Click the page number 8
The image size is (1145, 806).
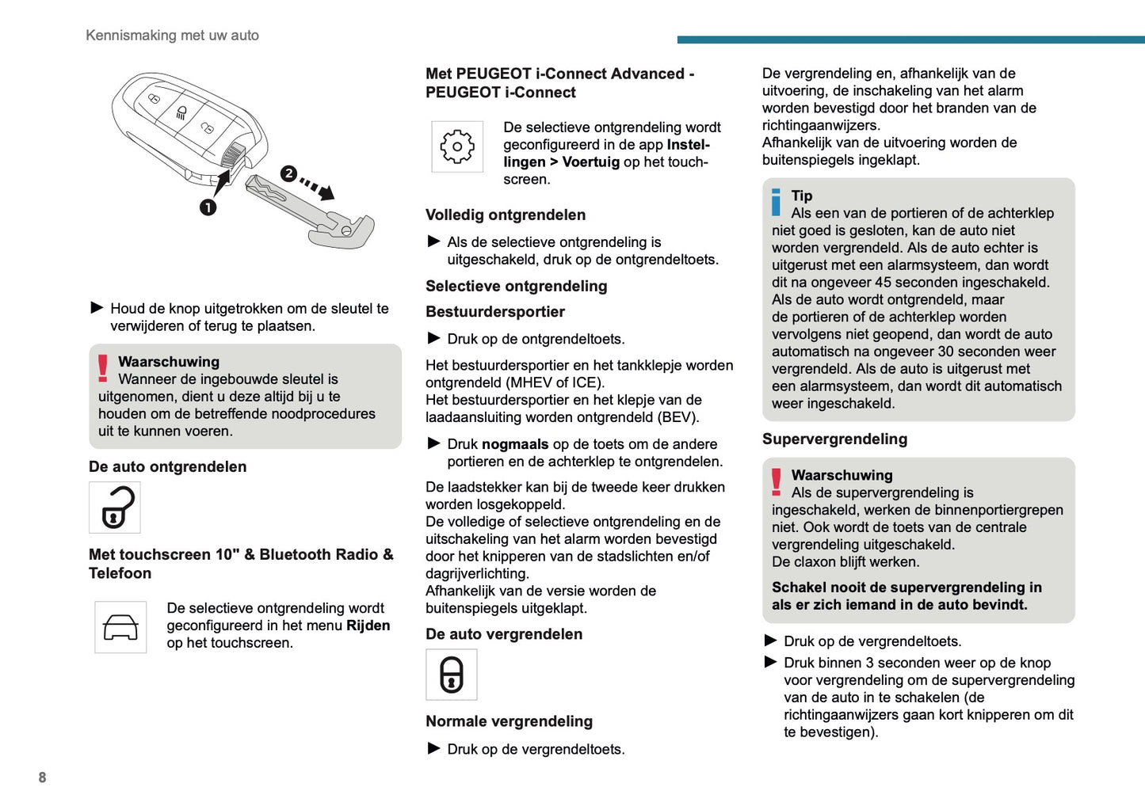[42, 777]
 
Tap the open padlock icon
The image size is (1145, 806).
[115, 508]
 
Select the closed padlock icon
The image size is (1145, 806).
[452, 675]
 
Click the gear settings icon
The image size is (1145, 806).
[457, 146]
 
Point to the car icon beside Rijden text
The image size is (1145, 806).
[120, 627]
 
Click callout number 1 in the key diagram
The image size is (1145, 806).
[208, 207]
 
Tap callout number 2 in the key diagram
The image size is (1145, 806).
[288, 173]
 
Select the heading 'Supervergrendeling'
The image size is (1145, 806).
[834, 439]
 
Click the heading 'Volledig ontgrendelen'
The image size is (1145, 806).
[506, 215]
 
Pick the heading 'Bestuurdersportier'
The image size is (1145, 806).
[495, 312]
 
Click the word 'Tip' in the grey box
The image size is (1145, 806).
[802, 196]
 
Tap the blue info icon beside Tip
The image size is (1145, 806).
[777, 202]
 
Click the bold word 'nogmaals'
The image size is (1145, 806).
[515, 444]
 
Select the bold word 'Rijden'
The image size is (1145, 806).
[368, 625]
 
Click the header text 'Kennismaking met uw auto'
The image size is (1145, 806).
[172, 36]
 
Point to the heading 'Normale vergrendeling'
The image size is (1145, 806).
[509, 721]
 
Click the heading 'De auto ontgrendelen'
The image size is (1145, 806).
[167, 467]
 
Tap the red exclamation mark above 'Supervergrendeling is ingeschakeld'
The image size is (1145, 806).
[777, 481]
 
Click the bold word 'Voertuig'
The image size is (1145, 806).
[591, 162]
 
